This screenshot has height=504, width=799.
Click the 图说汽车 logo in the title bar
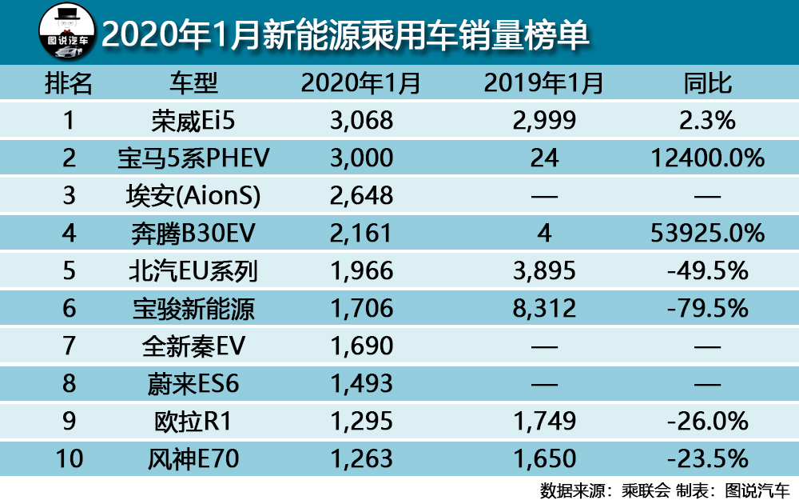click(x=67, y=32)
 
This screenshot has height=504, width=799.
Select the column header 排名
click(x=69, y=83)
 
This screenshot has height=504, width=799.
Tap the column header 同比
click(x=708, y=83)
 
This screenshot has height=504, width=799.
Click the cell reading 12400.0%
click(x=708, y=158)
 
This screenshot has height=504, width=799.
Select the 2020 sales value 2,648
click(x=361, y=195)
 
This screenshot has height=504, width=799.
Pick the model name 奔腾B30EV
click(x=194, y=233)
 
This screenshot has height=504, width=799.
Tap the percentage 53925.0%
click(x=708, y=233)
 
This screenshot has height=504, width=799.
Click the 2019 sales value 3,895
click(x=544, y=270)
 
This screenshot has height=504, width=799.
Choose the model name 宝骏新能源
click(x=194, y=308)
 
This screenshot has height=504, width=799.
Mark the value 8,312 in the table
click(x=544, y=308)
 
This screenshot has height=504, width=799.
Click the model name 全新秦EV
click(x=194, y=346)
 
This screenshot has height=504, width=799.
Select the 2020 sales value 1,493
click(x=361, y=383)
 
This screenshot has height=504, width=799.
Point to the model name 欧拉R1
click(x=194, y=421)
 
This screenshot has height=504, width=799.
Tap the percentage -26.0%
click(x=708, y=421)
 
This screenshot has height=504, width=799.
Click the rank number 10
click(x=69, y=458)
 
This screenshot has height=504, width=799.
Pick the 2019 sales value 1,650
click(x=544, y=458)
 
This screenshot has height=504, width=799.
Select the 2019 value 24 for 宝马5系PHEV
click(x=544, y=158)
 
